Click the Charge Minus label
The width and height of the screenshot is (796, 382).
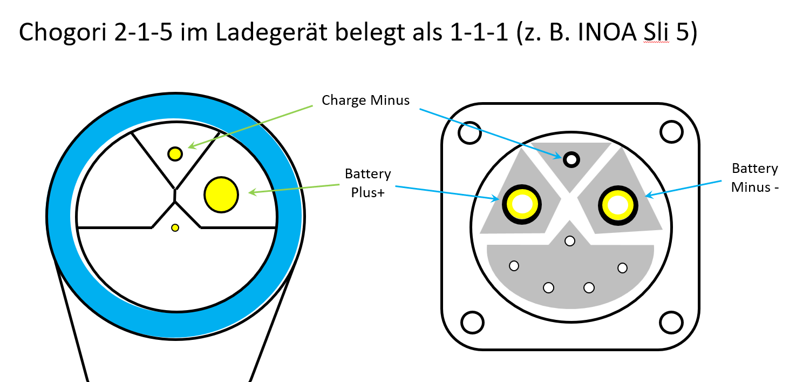pos(365,100)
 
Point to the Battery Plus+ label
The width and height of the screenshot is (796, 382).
pos(368,183)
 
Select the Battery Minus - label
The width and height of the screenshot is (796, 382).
pos(754,178)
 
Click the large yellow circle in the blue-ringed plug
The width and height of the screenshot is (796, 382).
pos(221,195)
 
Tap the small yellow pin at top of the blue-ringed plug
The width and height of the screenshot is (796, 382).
pos(175,154)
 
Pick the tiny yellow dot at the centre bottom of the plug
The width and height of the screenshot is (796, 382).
pos(175,227)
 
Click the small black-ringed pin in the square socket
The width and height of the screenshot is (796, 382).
pos(571,159)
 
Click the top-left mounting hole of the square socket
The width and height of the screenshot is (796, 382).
pos(470,132)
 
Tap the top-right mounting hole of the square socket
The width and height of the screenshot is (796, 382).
pos(671,132)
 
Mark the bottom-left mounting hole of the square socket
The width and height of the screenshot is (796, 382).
pos(472,323)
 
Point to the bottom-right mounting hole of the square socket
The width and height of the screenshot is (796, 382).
pos(671,323)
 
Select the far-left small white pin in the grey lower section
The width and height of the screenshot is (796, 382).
pos(514,266)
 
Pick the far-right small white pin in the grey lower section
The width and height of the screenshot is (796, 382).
pos(623,267)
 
